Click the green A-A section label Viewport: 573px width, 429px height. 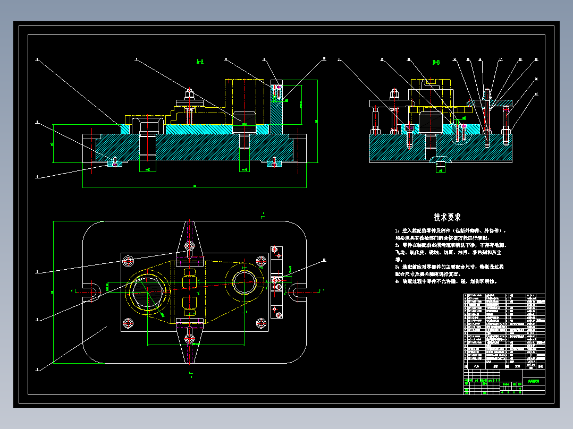(199, 62)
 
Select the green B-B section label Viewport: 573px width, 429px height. (436, 62)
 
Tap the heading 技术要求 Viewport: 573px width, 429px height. (446, 217)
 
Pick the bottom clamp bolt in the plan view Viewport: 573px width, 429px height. (190, 338)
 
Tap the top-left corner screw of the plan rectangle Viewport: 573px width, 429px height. (128, 261)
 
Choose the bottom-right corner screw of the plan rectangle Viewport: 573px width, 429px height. (261, 322)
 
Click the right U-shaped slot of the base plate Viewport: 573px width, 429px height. (296, 290)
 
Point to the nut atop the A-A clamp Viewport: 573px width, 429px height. (189, 95)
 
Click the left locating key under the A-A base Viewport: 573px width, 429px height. (115, 164)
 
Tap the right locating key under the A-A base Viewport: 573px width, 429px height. (274, 164)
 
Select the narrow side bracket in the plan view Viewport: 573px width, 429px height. (276, 281)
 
